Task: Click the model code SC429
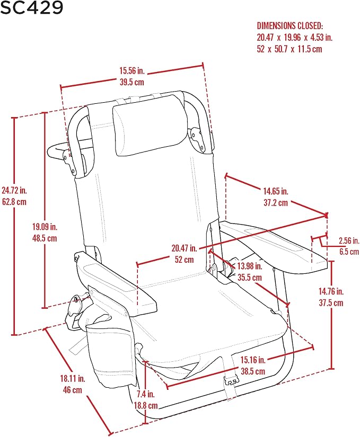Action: click(x=31, y=7)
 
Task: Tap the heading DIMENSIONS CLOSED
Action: click(x=289, y=26)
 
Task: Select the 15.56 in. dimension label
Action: click(x=132, y=70)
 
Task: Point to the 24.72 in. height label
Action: click(x=14, y=190)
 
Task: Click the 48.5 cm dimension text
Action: click(x=45, y=238)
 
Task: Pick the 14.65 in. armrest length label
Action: click(x=276, y=191)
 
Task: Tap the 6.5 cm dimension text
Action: click(x=349, y=252)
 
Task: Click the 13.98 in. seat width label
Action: click(x=250, y=266)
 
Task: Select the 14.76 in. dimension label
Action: click(x=331, y=291)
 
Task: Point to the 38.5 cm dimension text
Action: click(x=253, y=371)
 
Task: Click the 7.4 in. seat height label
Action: click(x=146, y=394)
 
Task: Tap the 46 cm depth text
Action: click(x=73, y=390)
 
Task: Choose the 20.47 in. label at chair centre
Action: click(x=185, y=248)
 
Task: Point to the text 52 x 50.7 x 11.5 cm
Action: click(x=289, y=49)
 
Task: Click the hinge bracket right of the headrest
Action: click(x=198, y=140)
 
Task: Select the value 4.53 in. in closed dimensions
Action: click(x=321, y=38)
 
